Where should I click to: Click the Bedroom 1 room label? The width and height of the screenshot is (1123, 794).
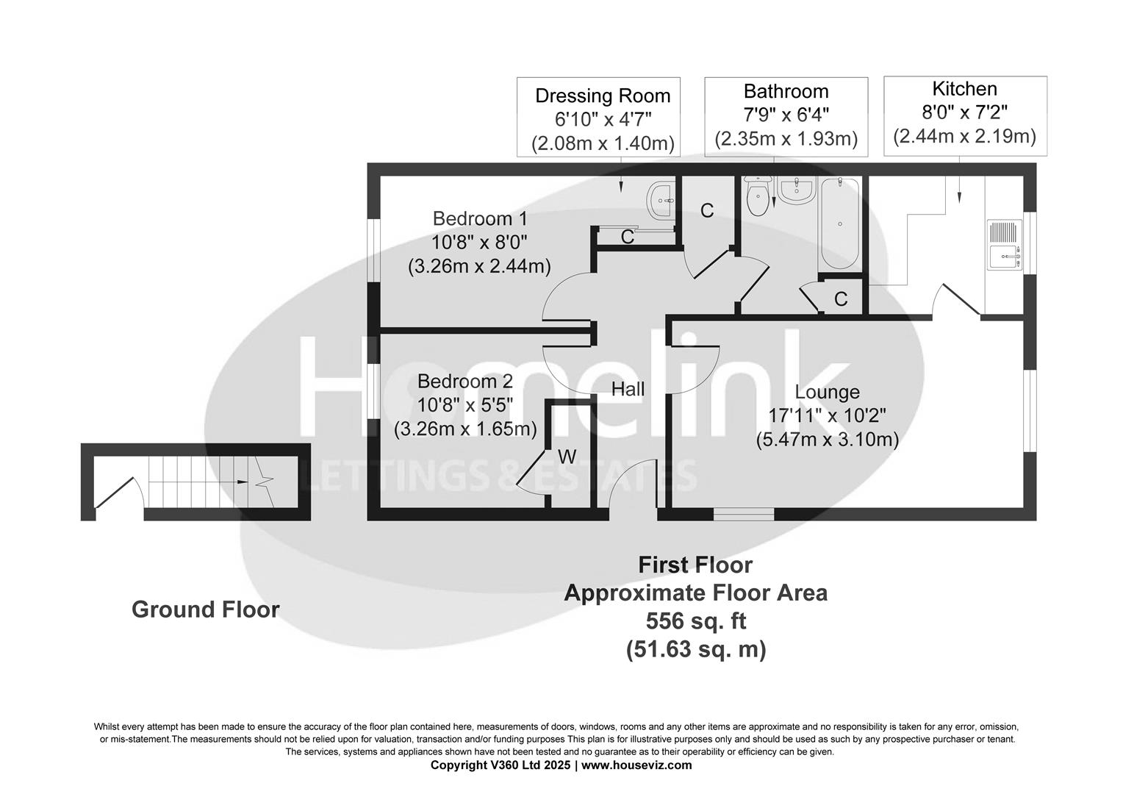(x=479, y=218)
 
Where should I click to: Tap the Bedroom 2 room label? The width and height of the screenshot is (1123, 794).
(x=464, y=382)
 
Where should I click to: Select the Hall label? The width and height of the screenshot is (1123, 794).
(x=628, y=389)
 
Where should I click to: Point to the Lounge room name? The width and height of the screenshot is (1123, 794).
(x=827, y=393)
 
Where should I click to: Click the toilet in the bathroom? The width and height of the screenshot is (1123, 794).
(x=757, y=196)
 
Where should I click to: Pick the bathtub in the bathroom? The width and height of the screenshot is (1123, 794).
(x=839, y=224)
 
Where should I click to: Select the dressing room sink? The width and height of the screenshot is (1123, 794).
(x=661, y=199)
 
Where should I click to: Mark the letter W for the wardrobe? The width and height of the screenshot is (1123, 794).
(x=567, y=457)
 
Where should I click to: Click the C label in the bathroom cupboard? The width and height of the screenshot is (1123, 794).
(x=841, y=299)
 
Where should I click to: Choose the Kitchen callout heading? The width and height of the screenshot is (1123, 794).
(x=964, y=89)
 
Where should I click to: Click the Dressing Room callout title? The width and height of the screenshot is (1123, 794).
(x=602, y=96)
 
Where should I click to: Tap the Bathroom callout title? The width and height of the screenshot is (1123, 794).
(x=786, y=91)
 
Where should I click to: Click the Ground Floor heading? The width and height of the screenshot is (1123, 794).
(x=205, y=609)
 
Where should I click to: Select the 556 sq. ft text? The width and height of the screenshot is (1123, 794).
(x=695, y=621)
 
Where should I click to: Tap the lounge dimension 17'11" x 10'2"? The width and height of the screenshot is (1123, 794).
(x=827, y=416)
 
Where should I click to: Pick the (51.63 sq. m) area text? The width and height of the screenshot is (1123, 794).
(x=695, y=650)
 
